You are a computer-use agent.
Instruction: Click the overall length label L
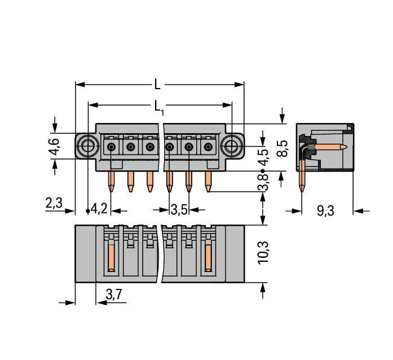pyautogui.click(x=158, y=85)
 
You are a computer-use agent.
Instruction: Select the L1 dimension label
pyautogui.click(x=159, y=106)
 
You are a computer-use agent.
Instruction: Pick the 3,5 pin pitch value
pyautogui.click(x=179, y=210)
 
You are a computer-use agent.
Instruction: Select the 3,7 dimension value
pyautogui.click(x=114, y=293)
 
